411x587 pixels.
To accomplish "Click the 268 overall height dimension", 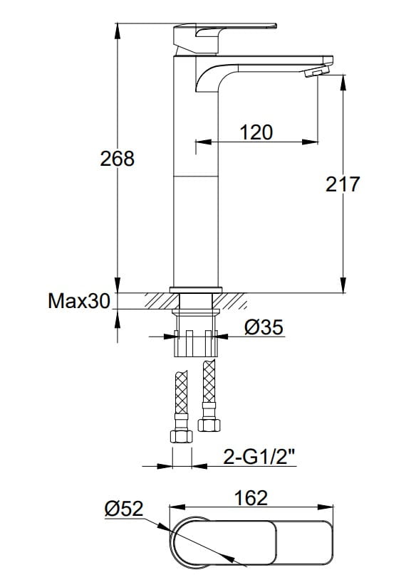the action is pos(117,159).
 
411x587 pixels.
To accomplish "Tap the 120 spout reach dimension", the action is pos(256,132).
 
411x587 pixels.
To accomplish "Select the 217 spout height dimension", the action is pos(343,184).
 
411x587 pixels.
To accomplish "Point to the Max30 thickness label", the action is pos(80,300).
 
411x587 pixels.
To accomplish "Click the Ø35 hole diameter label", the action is pos(264,327).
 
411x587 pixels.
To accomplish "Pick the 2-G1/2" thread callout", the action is pos(259,456).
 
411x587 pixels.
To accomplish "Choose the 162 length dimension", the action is pos(251,498).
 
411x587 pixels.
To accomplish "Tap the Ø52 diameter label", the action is pos(124,509).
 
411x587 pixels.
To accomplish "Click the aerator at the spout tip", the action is pos(317,71).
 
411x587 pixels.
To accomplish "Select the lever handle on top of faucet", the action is pos(225,37).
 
